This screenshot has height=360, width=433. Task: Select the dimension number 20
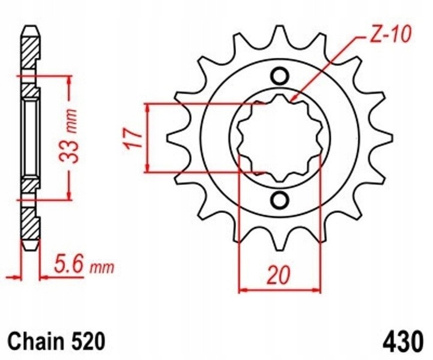point(279,275)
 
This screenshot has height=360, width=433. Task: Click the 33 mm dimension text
point(68,136)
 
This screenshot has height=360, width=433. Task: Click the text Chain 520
point(56,341)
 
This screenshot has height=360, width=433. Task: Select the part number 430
point(403,341)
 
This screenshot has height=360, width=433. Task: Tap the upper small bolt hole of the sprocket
point(280,76)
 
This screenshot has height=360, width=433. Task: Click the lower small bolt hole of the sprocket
point(280,200)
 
